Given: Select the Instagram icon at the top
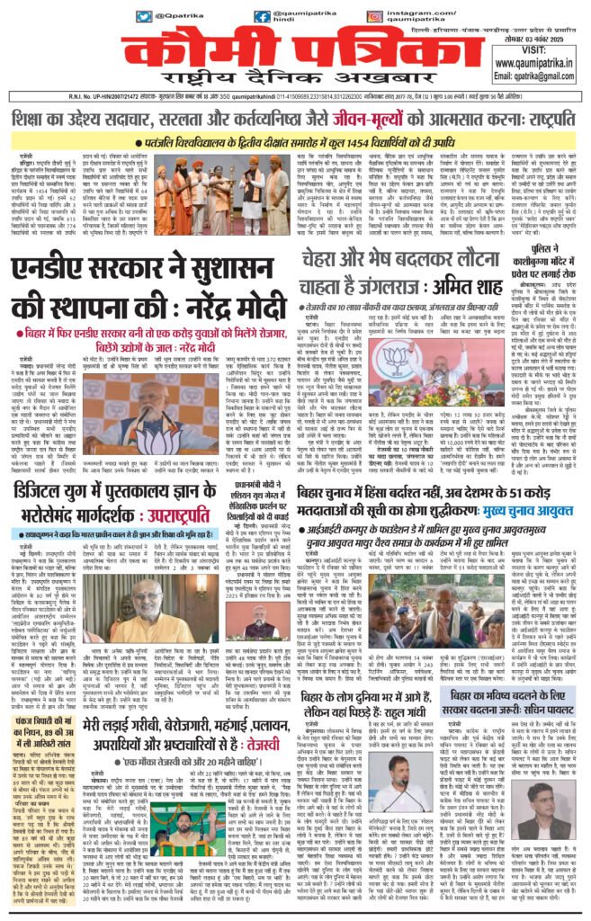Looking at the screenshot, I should coord(378,16).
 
